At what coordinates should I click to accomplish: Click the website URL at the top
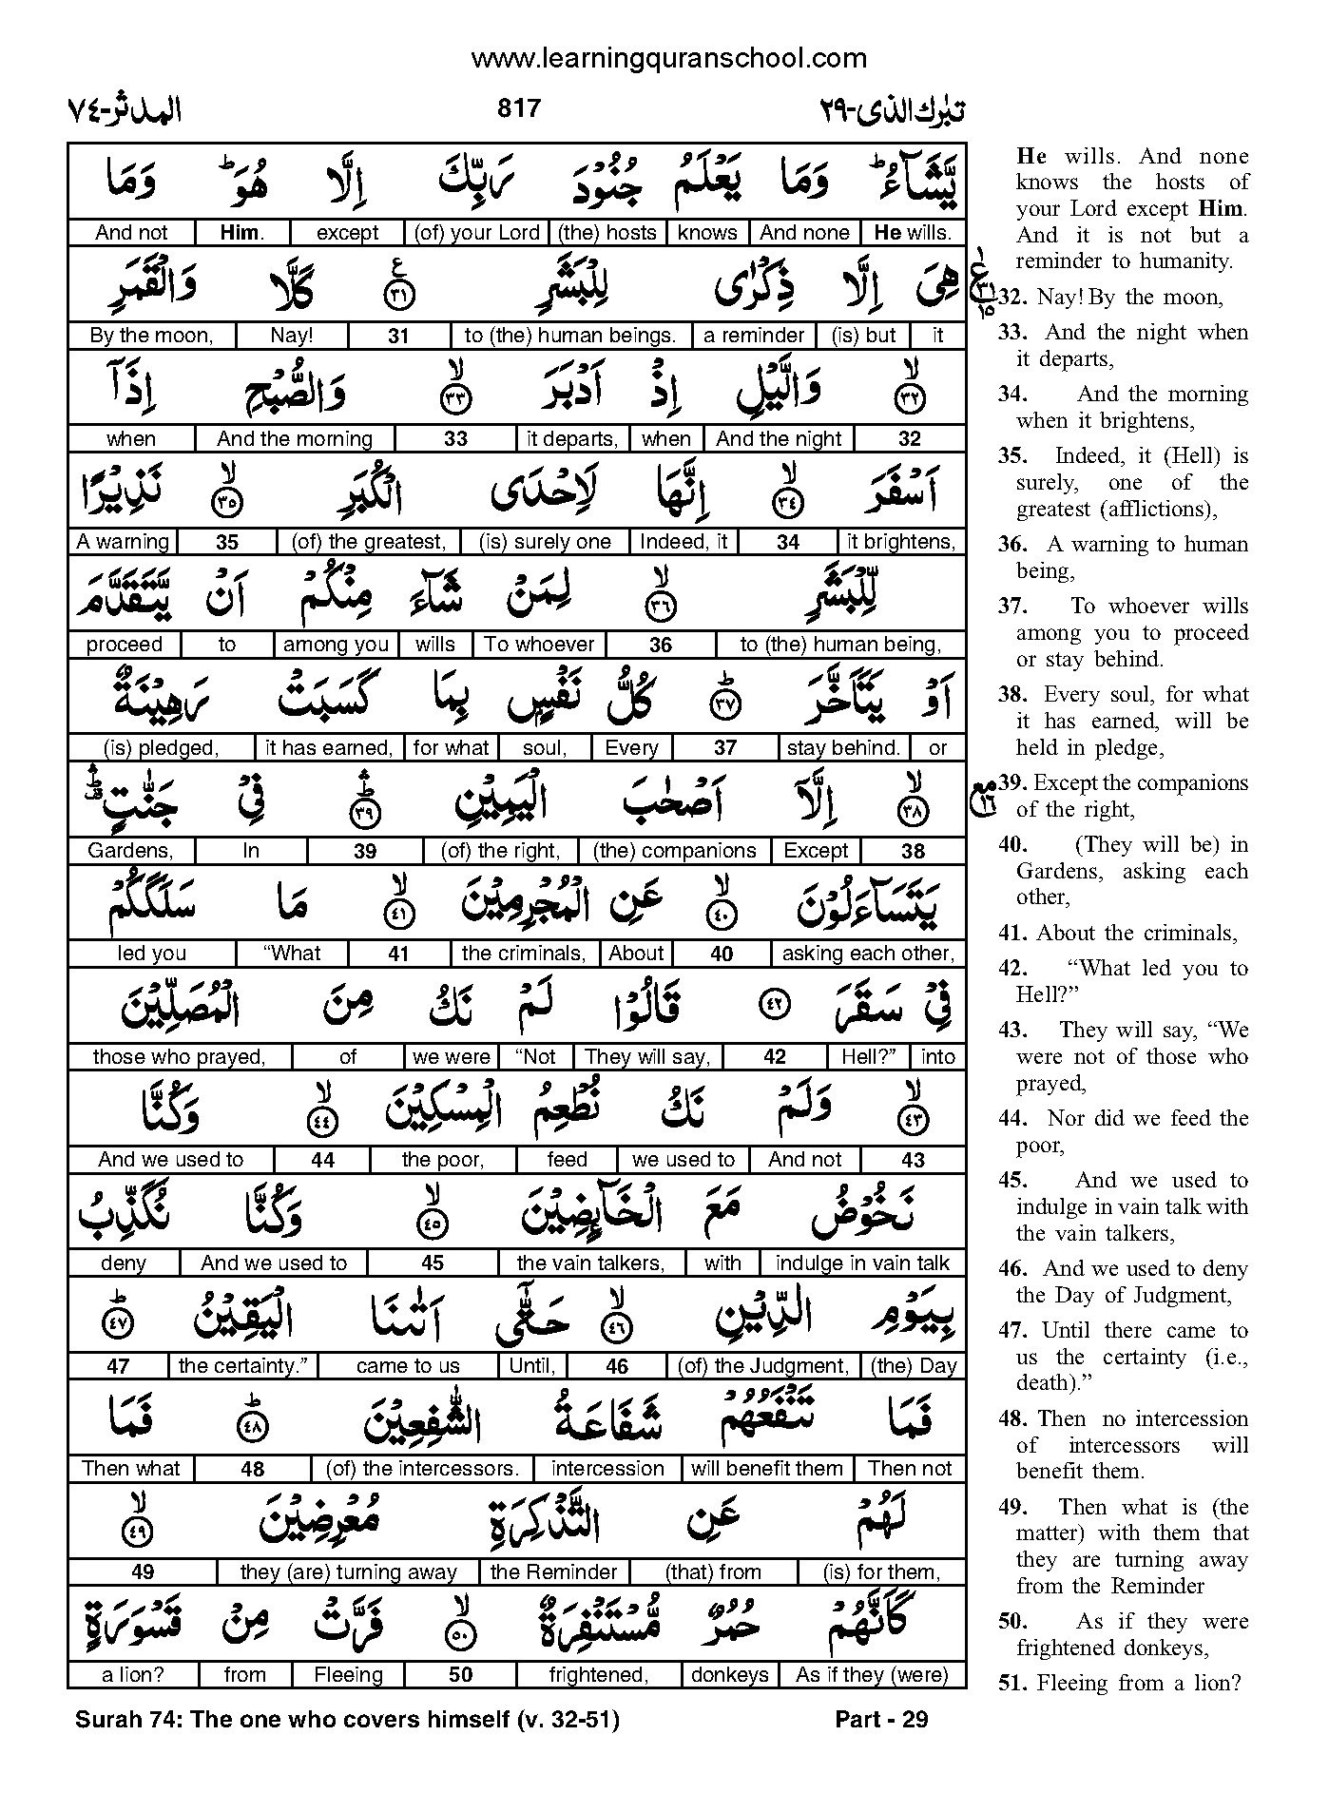point(668,59)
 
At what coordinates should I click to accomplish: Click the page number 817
point(518,108)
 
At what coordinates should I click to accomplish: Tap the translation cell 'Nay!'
point(292,336)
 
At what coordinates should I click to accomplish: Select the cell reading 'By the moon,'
point(151,336)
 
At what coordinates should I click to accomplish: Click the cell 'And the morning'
point(295,438)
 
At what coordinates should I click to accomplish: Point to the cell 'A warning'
point(123,542)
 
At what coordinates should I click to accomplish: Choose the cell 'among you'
point(336,645)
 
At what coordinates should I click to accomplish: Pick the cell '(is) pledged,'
point(162,748)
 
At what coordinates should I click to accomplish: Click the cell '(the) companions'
point(674,851)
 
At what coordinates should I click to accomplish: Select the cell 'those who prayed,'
point(180,1056)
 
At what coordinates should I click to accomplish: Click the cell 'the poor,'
point(443,1160)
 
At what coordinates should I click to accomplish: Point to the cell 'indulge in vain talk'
point(862,1263)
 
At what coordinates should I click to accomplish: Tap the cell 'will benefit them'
point(767,1469)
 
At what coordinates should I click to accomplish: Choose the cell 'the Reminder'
point(553,1572)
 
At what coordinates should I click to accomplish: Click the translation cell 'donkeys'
point(730,1675)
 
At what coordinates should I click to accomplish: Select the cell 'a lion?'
point(133,1675)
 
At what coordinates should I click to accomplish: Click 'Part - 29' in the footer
point(880,1719)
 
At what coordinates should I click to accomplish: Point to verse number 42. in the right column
point(1012,969)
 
